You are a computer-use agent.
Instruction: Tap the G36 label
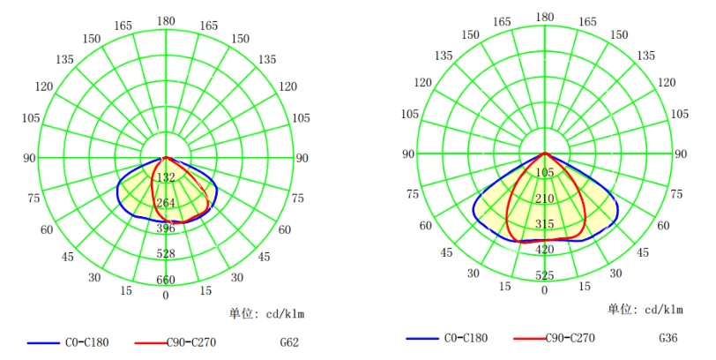[x=669, y=338]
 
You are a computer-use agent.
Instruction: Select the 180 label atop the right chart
[x=545, y=17]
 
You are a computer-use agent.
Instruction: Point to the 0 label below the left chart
[x=166, y=295]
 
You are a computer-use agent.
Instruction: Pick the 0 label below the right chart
[x=544, y=290]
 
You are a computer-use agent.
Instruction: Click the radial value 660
[x=166, y=281]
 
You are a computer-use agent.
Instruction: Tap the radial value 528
[x=166, y=254]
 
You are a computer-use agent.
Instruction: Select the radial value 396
[x=166, y=229]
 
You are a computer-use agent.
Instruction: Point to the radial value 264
[x=166, y=204]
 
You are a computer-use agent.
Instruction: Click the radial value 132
[x=166, y=178]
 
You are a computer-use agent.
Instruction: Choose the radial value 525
[x=544, y=275]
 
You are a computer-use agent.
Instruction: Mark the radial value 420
[x=544, y=250]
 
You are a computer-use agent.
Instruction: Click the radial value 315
[x=544, y=224]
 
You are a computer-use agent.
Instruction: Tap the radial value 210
[x=544, y=199]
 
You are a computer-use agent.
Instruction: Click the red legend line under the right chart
[x=518, y=338]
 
